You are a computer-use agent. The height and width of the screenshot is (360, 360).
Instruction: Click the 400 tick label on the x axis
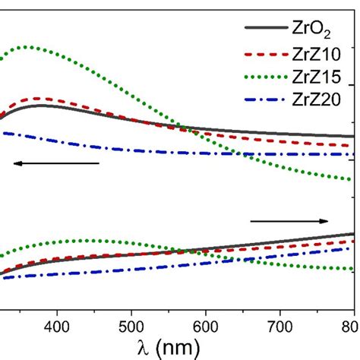coord(57,325)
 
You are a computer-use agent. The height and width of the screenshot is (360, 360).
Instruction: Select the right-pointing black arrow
coord(289,221)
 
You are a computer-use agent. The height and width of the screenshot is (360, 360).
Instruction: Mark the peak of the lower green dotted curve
coord(84,241)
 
